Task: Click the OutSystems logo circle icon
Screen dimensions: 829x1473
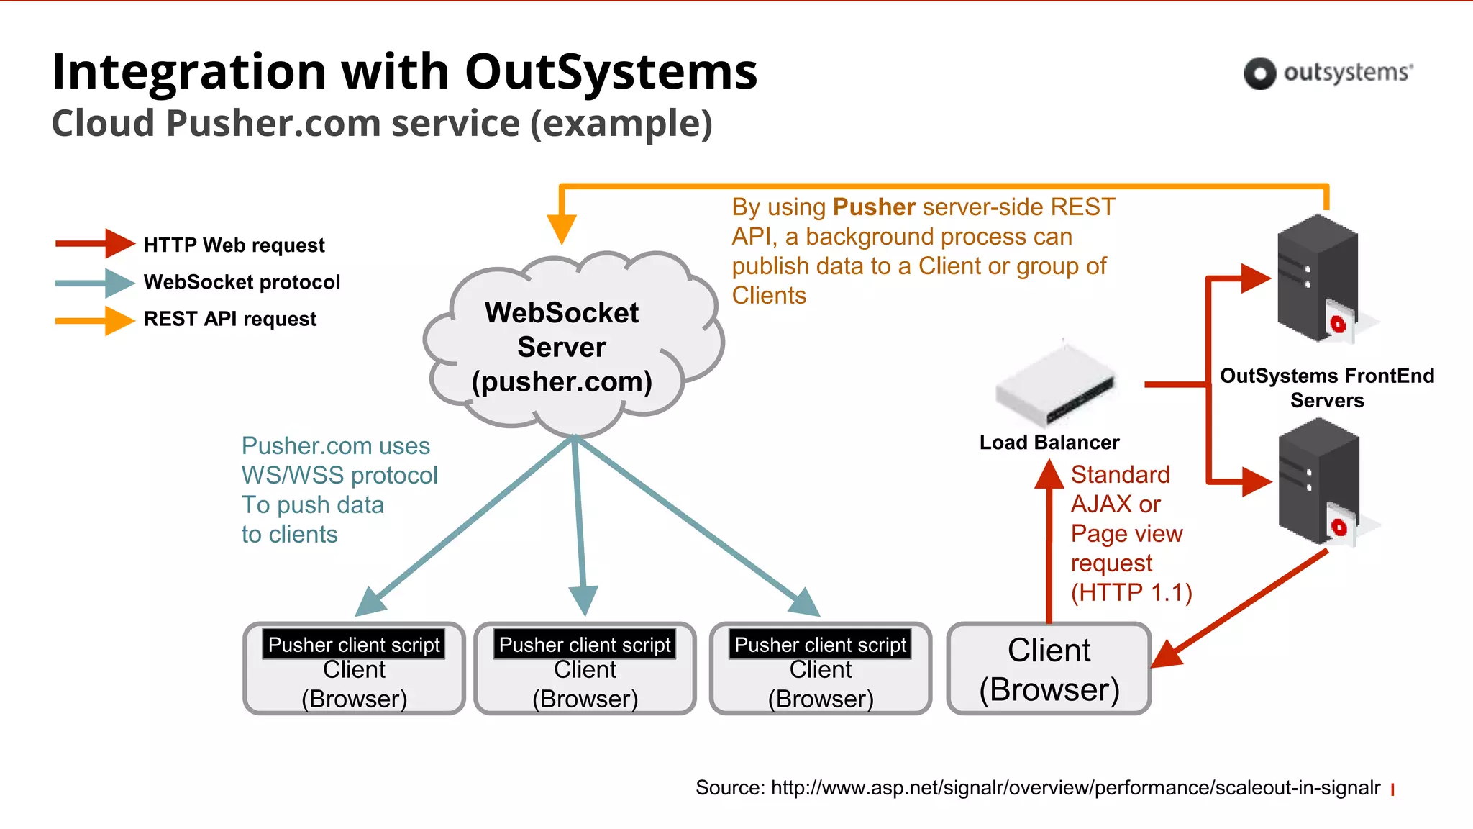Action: (x=1259, y=73)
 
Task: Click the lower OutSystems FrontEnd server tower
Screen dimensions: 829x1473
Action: (x=1319, y=483)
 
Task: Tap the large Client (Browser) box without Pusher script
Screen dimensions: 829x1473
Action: (x=1049, y=669)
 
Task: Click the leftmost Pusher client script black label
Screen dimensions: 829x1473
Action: (x=354, y=645)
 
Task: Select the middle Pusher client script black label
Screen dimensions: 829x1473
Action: (x=585, y=645)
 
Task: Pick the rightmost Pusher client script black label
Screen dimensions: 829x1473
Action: (x=821, y=645)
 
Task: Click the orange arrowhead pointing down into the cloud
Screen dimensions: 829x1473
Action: (x=562, y=229)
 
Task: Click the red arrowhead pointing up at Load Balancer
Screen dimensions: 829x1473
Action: (x=1049, y=475)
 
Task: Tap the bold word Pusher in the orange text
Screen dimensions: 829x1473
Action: (x=873, y=207)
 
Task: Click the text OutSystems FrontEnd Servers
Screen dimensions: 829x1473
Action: (x=1327, y=388)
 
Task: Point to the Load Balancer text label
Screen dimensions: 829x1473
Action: (x=1049, y=443)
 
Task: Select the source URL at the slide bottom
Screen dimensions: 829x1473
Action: (x=1075, y=788)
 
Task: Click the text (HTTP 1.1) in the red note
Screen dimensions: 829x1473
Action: (x=1131, y=592)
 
